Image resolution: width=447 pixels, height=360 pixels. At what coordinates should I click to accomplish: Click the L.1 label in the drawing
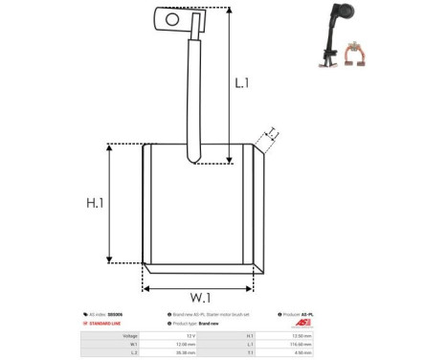pyautogui.click(x=242, y=83)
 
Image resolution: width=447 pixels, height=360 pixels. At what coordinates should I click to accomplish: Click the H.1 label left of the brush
pyautogui.click(x=95, y=203)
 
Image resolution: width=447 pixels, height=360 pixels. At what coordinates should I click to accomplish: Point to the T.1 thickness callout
pyautogui.click(x=271, y=133)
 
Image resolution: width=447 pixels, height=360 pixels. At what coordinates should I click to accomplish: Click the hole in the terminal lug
pyautogui.click(x=172, y=17)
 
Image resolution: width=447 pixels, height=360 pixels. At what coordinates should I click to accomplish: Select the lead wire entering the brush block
pyautogui.click(x=192, y=96)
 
